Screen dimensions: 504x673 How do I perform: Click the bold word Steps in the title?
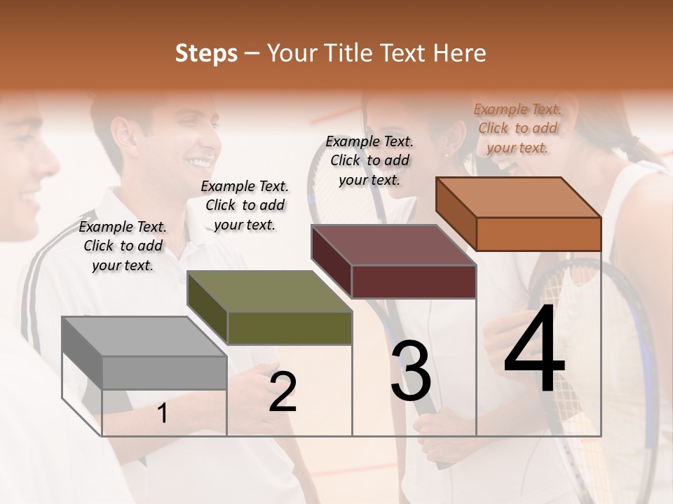pos(206,53)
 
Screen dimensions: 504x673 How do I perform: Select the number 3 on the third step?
pos(411,371)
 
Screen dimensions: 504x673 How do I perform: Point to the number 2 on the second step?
pos(283,392)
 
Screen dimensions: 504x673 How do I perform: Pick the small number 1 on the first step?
pos(163,414)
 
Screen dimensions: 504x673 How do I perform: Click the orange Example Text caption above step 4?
pos(517,128)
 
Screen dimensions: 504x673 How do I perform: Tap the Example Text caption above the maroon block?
pos(369,160)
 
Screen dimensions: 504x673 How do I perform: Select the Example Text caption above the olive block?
pos(245,205)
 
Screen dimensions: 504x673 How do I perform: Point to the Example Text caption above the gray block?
pos(123,246)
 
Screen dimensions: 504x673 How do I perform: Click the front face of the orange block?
pos(538,234)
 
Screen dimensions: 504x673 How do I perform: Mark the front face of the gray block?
pos(164,372)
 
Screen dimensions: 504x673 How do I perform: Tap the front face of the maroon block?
pos(414,282)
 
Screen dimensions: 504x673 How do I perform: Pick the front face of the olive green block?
pos(289,328)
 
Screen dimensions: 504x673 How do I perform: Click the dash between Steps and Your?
pos(252,54)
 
